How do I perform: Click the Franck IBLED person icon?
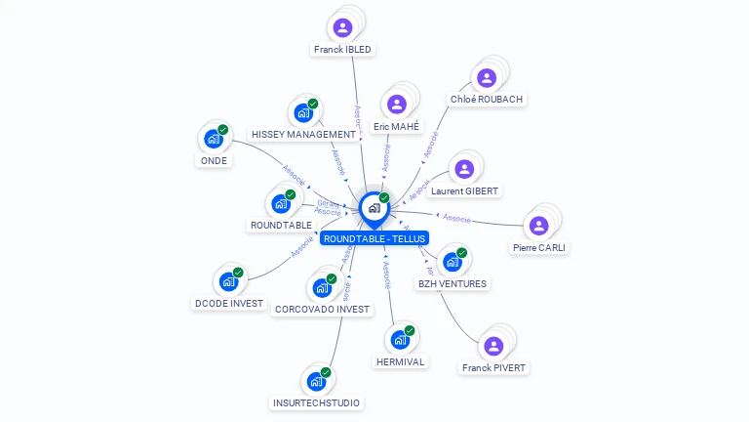coord(342,27)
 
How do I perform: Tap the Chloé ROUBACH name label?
coord(487,99)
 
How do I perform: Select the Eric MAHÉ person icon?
coord(396,105)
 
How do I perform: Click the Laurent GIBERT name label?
coord(464,190)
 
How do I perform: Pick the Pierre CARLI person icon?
coord(538,226)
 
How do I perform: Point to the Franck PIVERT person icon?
coord(493,346)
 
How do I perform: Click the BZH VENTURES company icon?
coord(452,262)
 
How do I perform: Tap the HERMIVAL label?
coord(400,361)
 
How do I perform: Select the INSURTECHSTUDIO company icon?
coord(316,381)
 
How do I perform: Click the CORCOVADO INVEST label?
coord(323,309)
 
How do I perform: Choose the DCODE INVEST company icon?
coord(229,281)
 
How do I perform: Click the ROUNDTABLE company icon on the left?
coord(281,203)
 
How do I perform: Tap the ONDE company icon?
coord(214,139)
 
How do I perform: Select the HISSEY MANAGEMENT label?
coord(303,134)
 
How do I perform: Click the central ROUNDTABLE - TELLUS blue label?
coord(374,238)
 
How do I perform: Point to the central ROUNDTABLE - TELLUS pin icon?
coord(374,208)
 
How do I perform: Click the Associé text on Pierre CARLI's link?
coord(456,218)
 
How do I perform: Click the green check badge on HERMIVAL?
coord(410,330)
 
